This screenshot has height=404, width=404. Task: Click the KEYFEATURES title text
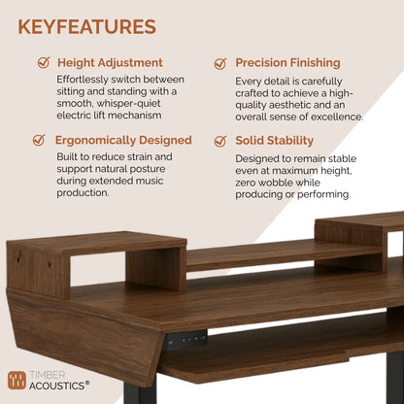coord(85,26)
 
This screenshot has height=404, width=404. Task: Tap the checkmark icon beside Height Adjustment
coord(43,62)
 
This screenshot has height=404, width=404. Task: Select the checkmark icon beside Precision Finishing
coord(219,62)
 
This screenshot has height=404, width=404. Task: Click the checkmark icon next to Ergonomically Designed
coord(38,140)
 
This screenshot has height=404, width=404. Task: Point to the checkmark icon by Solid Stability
coord(219,140)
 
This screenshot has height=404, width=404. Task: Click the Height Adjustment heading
coord(110,62)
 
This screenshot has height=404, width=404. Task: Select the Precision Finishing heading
coord(287,62)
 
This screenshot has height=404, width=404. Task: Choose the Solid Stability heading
coord(274,140)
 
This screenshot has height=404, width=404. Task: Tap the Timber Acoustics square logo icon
coord(17,381)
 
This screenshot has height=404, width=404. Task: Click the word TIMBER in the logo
coord(50,375)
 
